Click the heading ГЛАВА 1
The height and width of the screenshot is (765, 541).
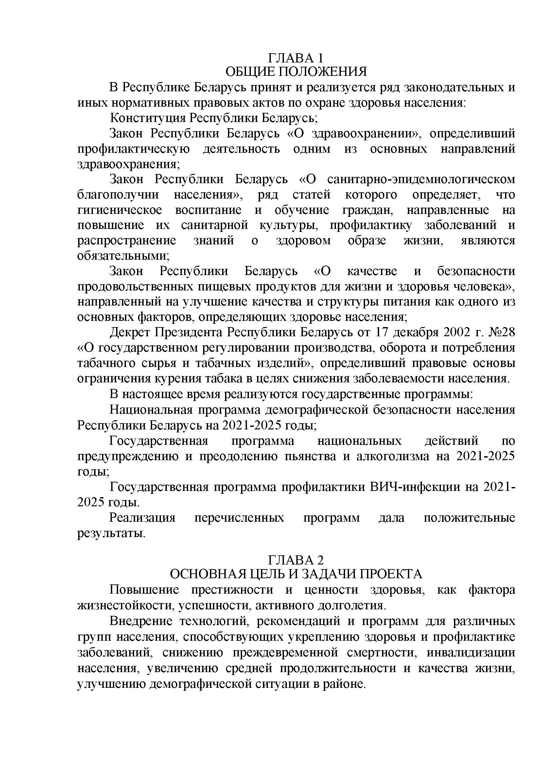coord(295,58)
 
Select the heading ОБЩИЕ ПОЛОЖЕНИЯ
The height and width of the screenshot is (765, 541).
coord(296,72)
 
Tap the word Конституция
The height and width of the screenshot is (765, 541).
coord(148,118)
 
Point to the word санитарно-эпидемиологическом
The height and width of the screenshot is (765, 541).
coord(421,179)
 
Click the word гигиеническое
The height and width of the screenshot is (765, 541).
coord(120,210)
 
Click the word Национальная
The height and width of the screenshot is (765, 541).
coord(151,409)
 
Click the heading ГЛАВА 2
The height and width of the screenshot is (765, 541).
coord(295,560)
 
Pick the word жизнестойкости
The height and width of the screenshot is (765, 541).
coord(125,605)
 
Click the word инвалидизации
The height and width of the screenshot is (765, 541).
coord(471,652)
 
